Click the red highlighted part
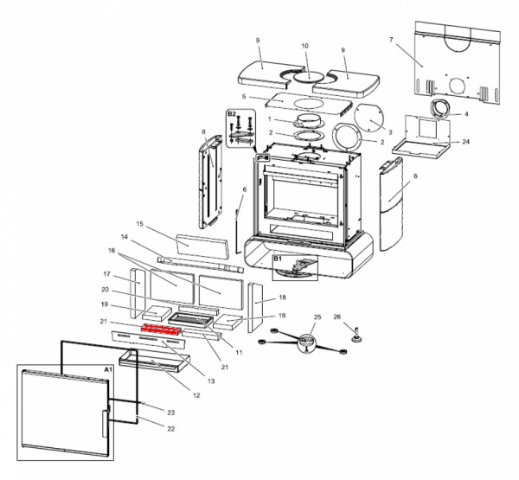pyautogui.click(x=159, y=330)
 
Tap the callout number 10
pyautogui.click(x=304, y=46)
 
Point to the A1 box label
pyautogui.click(x=108, y=369)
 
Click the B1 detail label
pyautogui.click(x=279, y=259)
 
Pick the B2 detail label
pyautogui.click(x=232, y=114)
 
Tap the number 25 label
pyautogui.click(x=317, y=317)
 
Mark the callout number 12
pyautogui.click(x=196, y=395)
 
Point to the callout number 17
pyautogui.click(x=106, y=273)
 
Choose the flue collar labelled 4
pyautogui.click(x=441, y=109)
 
